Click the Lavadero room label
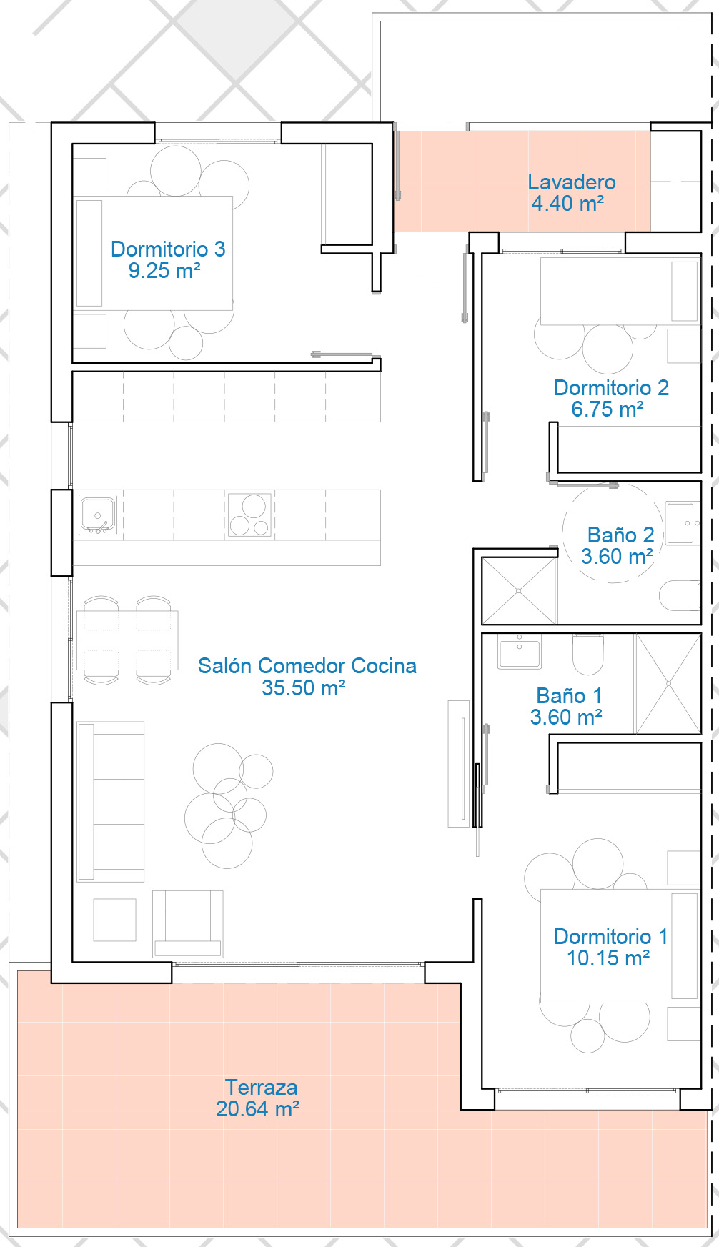(571, 182)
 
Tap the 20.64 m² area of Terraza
(257, 1108)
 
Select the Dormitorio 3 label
(168, 249)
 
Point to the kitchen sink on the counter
(98, 515)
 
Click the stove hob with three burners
(249, 515)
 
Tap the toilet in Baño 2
(679, 595)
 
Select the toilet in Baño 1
(588, 654)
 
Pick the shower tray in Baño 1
(668, 684)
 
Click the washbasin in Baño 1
(520, 651)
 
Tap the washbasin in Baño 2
(683, 523)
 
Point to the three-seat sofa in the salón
(111, 801)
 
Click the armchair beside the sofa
(188, 923)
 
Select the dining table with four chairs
(127, 640)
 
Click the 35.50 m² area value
(304, 687)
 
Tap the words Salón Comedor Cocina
(307, 665)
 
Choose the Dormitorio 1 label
(611, 936)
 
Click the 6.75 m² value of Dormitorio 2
(608, 409)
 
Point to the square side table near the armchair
(114, 920)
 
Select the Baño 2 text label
(620, 535)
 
